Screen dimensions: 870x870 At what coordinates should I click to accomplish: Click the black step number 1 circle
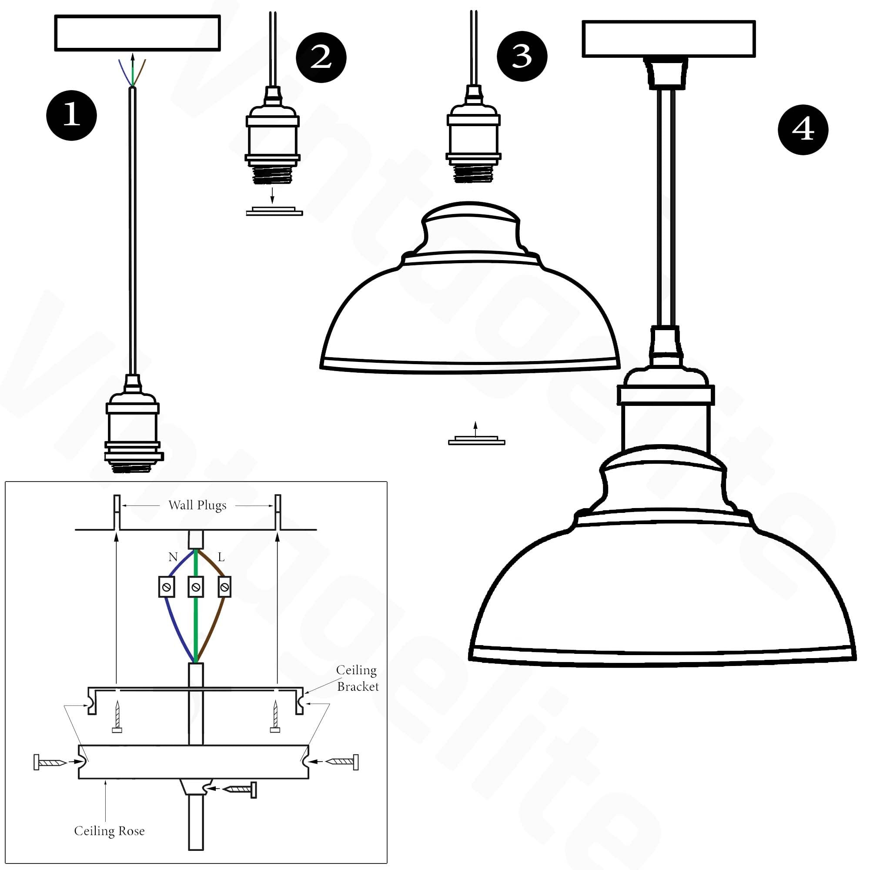coord(71,115)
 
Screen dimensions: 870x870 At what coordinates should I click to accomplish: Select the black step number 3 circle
coord(522,56)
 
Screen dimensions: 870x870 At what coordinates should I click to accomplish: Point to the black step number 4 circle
coord(803,130)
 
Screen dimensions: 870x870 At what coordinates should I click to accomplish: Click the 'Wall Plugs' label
coord(197,505)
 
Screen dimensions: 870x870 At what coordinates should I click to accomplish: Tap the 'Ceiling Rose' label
coord(109,831)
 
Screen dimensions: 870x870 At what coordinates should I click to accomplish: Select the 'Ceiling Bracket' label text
coord(357,678)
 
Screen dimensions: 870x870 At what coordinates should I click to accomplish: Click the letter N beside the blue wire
coord(173,557)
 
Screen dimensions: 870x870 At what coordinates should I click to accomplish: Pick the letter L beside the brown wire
coord(221,557)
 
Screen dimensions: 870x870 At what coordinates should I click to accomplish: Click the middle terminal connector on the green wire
coord(195,587)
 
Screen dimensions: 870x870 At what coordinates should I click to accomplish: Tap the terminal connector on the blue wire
coord(166,587)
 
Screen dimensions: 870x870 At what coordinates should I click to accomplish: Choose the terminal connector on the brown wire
coord(224,587)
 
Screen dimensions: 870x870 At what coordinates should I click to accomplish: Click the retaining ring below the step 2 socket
coord(274,211)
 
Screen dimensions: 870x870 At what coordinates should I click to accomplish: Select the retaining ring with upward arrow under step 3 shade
coord(476,440)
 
